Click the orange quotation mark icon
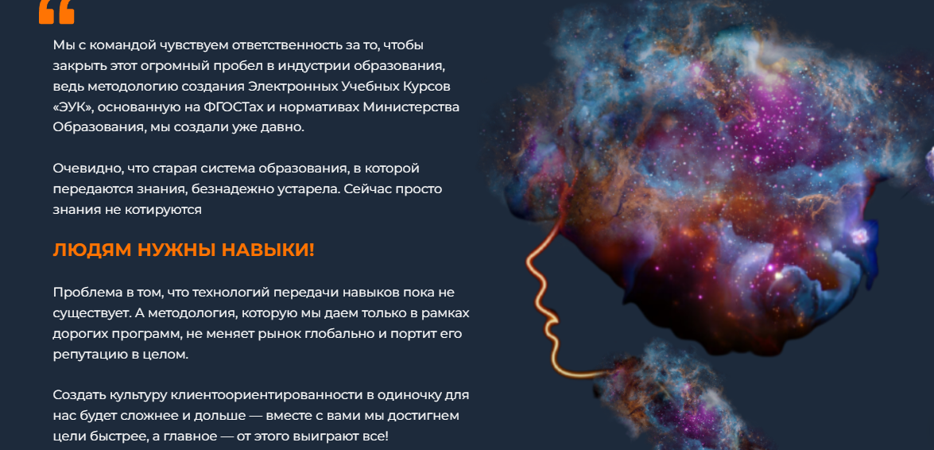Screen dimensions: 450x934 coord(56,11)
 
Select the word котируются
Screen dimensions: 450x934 coord(165,210)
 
